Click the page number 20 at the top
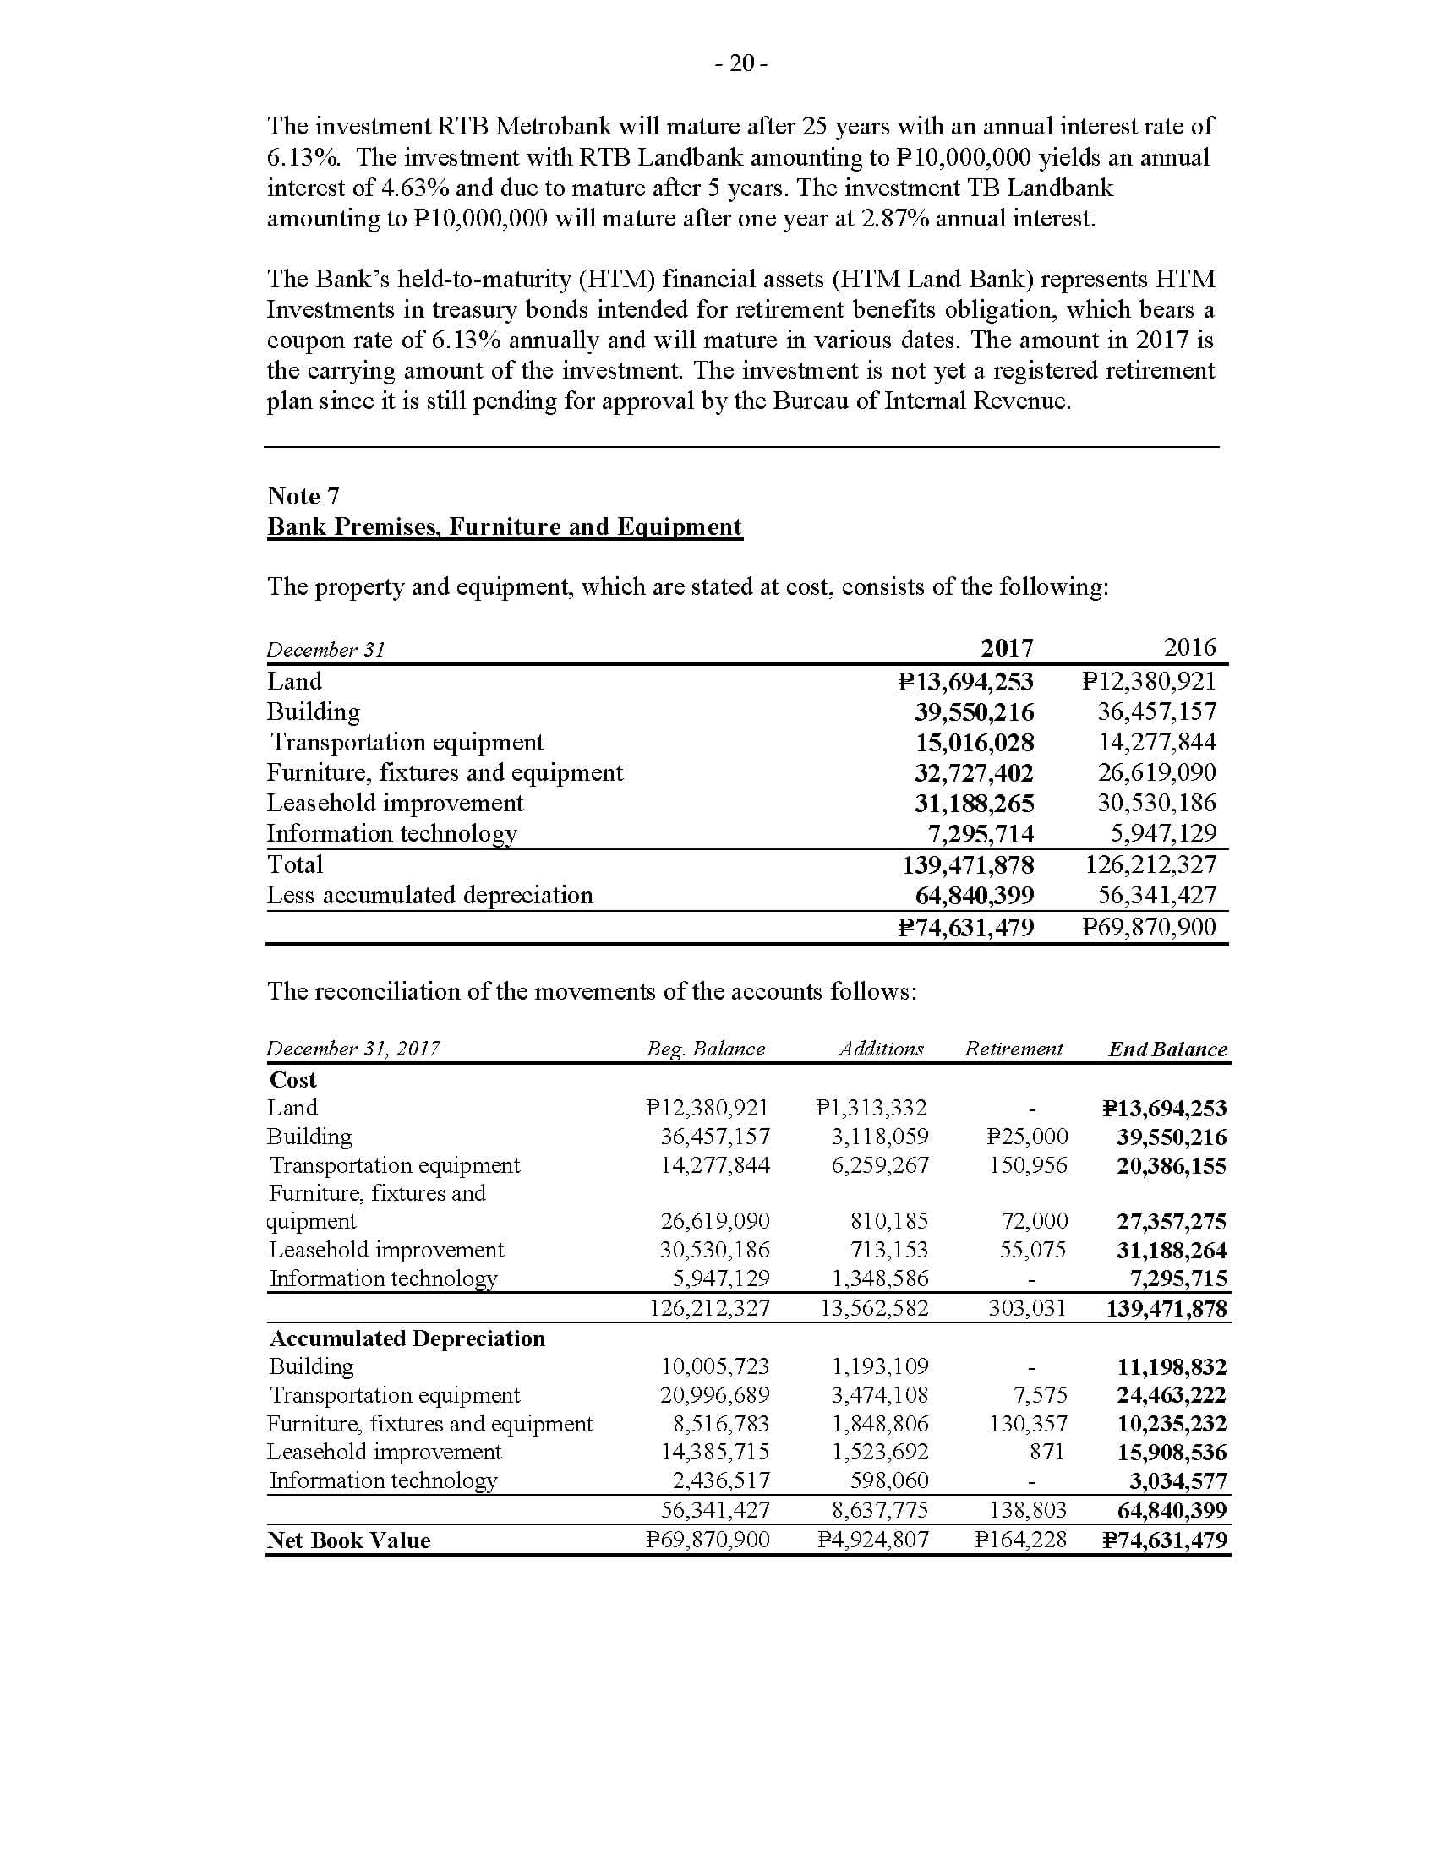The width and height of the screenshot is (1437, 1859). pos(741,64)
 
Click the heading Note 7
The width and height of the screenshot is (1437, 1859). pos(303,495)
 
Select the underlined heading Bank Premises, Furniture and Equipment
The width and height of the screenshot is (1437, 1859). pos(505,527)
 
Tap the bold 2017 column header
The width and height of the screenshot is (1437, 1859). pos(1006,648)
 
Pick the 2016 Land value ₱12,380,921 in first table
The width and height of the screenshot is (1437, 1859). pos(1149,681)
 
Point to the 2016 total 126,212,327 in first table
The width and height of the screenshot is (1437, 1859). pos(1150,864)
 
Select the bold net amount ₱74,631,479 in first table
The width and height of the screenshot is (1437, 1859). pos(966,928)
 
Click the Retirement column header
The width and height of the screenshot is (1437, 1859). pos(1013,1049)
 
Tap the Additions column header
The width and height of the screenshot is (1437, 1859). pos(880,1049)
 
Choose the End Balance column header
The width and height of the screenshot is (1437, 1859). pos(1167,1049)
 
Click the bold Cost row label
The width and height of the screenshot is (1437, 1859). pos(292,1079)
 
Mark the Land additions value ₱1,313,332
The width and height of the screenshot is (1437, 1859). pos(871,1109)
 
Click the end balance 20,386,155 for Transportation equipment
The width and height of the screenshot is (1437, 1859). pos(1172,1165)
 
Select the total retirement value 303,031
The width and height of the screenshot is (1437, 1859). pos(1027,1308)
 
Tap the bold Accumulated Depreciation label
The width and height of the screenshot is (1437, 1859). pos(407,1338)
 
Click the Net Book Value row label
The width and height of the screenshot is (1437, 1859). pos(348,1540)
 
